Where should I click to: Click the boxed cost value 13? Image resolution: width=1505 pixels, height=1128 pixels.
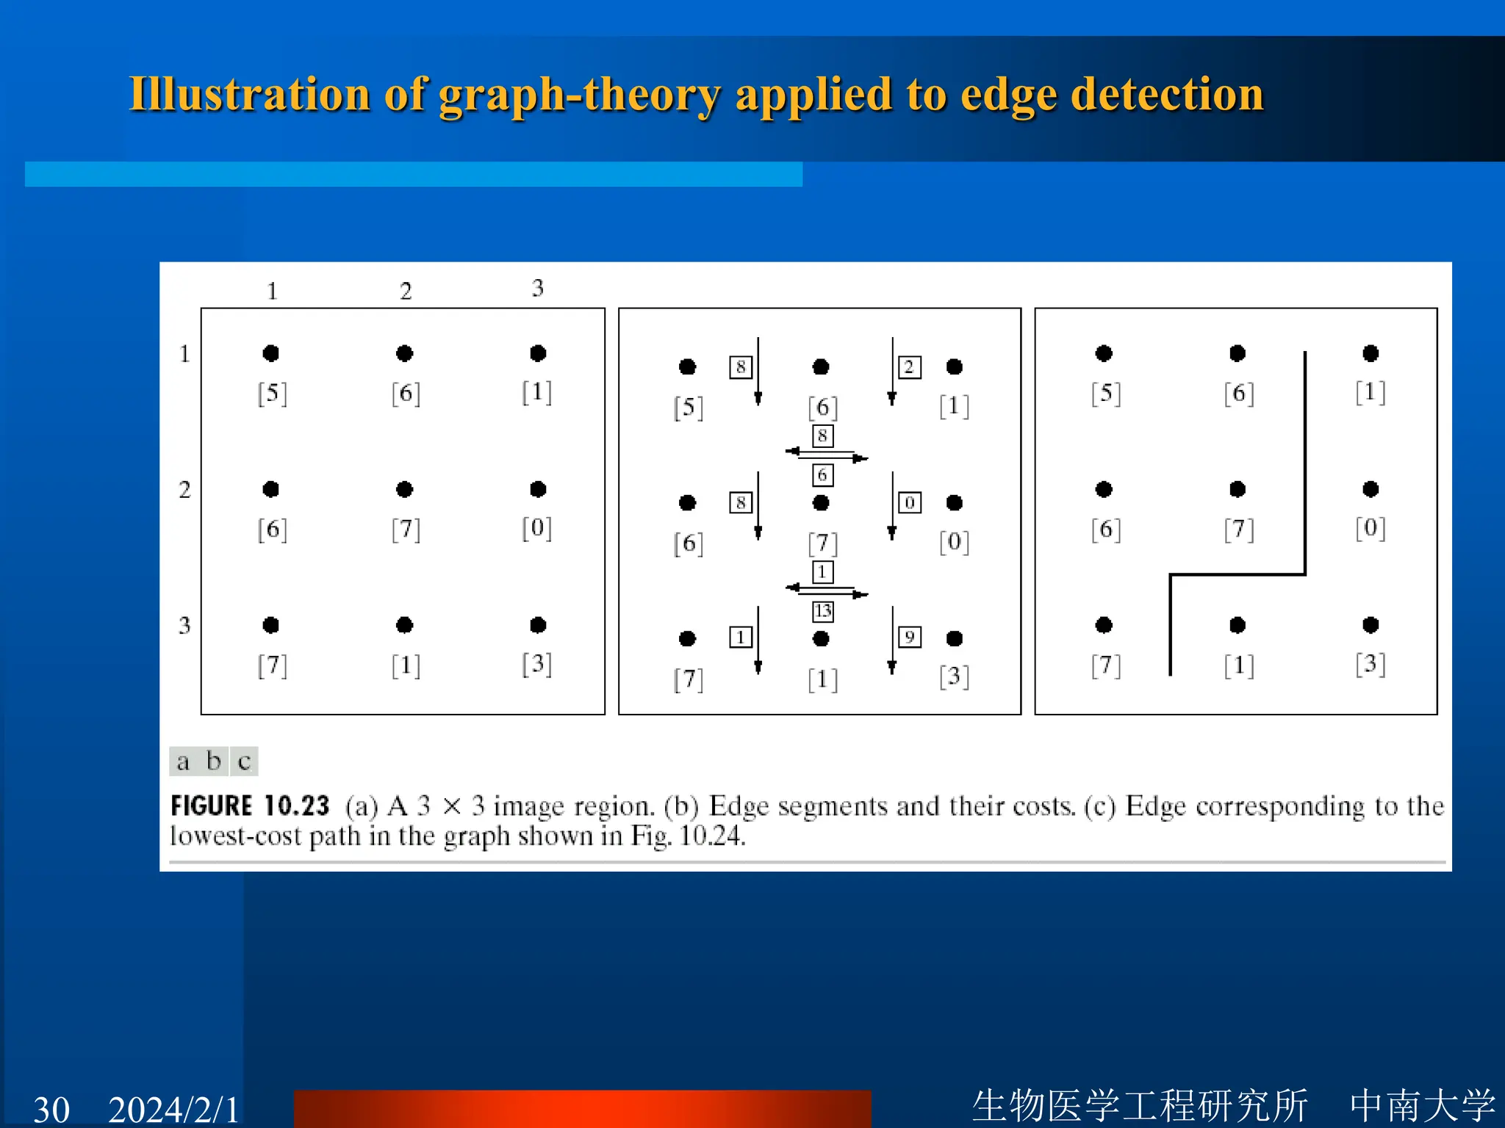pyautogui.click(x=822, y=611)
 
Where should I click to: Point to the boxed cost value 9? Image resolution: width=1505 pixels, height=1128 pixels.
pyautogui.click(x=910, y=637)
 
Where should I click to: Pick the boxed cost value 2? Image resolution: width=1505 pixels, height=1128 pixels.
pyautogui.click(x=910, y=366)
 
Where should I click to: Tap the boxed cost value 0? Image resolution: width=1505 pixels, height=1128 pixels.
pyautogui.click(x=910, y=502)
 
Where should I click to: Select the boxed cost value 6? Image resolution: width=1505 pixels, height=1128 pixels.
pyautogui.click(x=822, y=475)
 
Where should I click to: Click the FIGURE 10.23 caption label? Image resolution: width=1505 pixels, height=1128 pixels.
pyautogui.click(x=250, y=806)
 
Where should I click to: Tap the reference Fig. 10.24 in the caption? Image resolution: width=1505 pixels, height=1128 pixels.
pyautogui.click(x=688, y=836)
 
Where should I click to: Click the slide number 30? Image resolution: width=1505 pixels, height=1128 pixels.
pyautogui.click(x=51, y=1109)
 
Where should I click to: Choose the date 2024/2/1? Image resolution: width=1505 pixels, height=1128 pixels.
pyautogui.click(x=173, y=1109)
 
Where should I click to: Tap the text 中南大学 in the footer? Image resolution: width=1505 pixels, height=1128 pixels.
pyautogui.click(x=1423, y=1105)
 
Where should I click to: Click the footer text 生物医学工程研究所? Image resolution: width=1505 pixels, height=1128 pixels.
pyautogui.click(x=1140, y=1105)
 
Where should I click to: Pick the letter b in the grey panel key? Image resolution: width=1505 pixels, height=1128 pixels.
pyautogui.click(x=214, y=761)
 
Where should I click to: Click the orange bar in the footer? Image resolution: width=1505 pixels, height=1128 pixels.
pyautogui.click(x=582, y=1108)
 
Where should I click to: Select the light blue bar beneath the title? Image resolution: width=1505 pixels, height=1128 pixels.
pyautogui.click(x=413, y=174)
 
